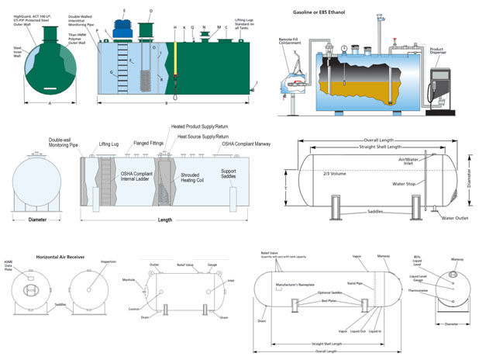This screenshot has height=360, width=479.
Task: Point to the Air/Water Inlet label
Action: click(x=413, y=161)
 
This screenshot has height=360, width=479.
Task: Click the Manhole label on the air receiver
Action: click(x=129, y=280)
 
